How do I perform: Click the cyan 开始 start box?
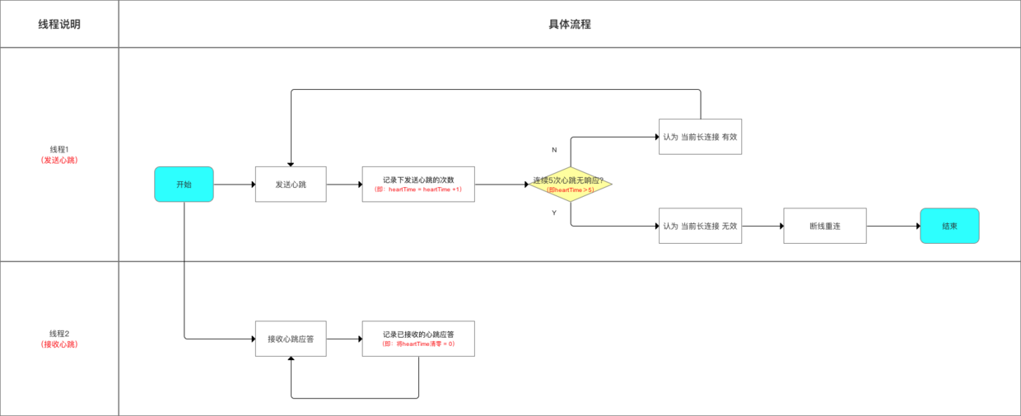(184, 185)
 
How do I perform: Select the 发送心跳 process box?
(291, 185)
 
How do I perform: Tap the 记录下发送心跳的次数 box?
(418, 185)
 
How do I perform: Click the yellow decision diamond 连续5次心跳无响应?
(571, 185)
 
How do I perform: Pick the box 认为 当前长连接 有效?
(700, 137)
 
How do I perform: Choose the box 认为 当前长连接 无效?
(700, 226)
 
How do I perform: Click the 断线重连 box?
(824, 226)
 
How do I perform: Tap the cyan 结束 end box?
(949, 226)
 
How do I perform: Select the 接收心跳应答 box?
(291, 339)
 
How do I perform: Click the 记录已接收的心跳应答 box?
(418, 339)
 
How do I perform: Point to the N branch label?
(554, 151)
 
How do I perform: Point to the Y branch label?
(554, 213)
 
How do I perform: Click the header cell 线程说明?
(59, 24)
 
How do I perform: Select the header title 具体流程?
(570, 24)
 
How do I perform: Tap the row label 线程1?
(59, 149)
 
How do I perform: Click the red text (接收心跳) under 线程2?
(59, 344)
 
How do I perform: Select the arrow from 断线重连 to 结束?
(893, 226)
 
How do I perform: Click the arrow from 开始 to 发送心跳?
(234, 185)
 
